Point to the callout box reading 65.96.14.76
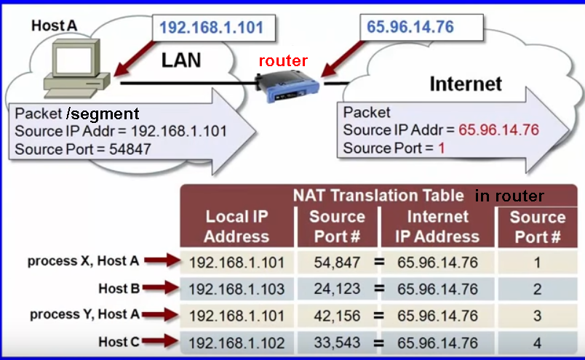point(410,28)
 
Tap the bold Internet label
point(466,84)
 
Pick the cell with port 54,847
point(337,262)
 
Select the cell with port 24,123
point(337,289)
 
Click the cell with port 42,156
point(337,316)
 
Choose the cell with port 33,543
point(337,343)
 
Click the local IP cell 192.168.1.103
point(236,289)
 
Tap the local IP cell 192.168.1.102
point(236,343)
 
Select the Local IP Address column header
point(236,226)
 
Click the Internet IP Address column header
point(437,226)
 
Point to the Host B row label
point(119,289)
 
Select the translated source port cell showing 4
point(537,343)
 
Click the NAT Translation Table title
point(378,195)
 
